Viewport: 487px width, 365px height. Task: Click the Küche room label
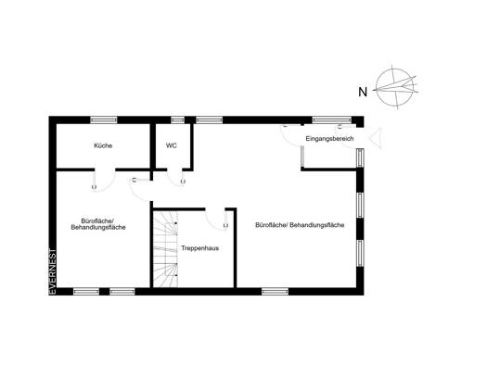pyautogui.click(x=103, y=145)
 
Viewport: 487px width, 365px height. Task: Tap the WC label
pyautogui.click(x=172, y=145)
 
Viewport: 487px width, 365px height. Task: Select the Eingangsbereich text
pyautogui.click(x=329, y=139)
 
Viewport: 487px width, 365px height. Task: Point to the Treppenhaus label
pyautogui.click(x=200, y=248)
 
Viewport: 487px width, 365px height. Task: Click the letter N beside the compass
pyautogui.click(x=363, y=92)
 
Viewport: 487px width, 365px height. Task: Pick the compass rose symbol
pyautogui.click(x=395, y=87)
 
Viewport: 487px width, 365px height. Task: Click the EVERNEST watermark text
pyautogui.click(x=53, y=271)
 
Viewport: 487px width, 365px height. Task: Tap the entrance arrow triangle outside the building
pyautogui.click(x=375, y=138)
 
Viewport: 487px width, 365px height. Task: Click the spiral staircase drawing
pyautogui.click(x=165, y=249)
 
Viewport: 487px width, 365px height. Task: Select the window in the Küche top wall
pyautogui.click(x=104, y=120)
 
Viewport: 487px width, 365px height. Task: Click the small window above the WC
pyautogui.click(x=178, y=120)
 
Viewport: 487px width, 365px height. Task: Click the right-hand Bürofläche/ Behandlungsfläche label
pyautogui.click(x=300, y=225)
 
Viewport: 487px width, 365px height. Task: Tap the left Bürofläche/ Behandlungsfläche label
pyautogui.click(x=98, y=224)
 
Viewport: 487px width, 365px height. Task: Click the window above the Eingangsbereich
pyautogui.click(x=332, y=120)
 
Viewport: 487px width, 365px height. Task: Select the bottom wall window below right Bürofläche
pyautogui.click(x=275, y=291)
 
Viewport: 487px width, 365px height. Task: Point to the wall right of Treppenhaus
pyautogui.click(x=235, y=248)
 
